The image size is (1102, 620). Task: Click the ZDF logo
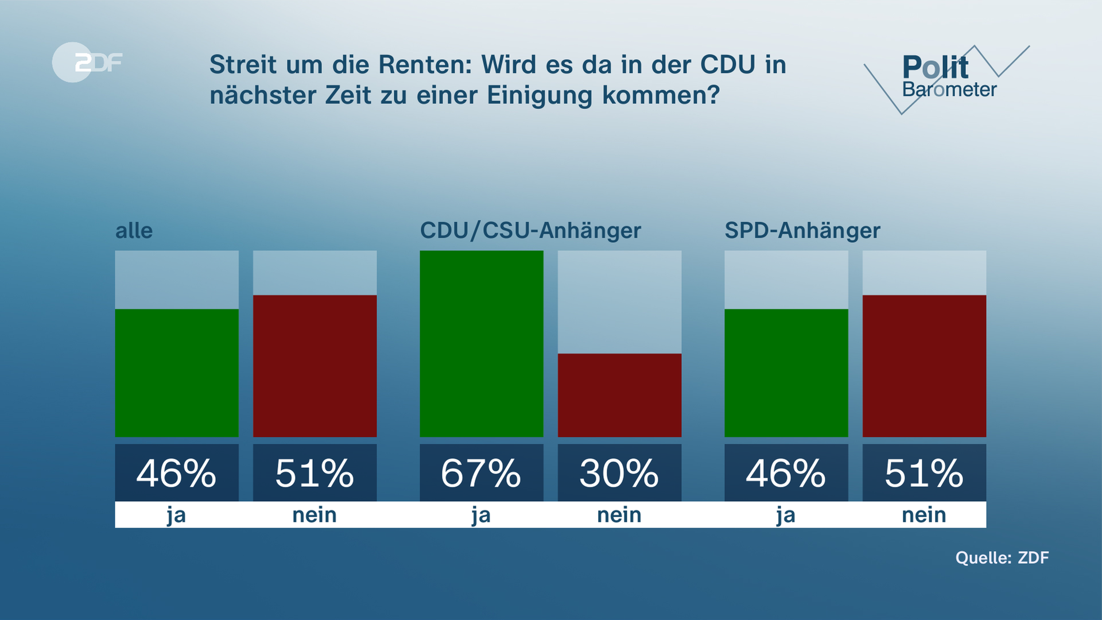(87, 62)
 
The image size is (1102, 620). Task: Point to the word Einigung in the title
(540, 95)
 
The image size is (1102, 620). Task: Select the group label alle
(134, 231)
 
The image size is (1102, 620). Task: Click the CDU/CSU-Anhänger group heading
(530, 231)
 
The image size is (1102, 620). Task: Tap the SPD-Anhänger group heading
(802, 231)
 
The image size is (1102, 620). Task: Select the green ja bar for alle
(177, 373)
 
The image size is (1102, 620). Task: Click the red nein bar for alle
(315, 366)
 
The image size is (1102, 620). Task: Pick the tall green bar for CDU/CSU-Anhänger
(481, 343)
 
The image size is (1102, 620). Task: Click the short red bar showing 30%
(619, 395)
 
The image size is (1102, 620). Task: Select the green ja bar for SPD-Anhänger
(786, 373)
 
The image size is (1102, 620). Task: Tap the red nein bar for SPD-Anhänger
(924, 366)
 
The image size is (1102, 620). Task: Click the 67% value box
(481, 473)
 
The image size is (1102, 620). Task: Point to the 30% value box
(619, 473)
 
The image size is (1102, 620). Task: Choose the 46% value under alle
(177, 473)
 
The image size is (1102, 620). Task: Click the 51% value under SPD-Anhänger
(924, 473)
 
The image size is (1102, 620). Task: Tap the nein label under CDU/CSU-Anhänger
(619, 515)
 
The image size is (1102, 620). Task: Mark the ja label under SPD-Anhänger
(786, 515)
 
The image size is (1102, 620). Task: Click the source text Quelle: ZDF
(1002, 557)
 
